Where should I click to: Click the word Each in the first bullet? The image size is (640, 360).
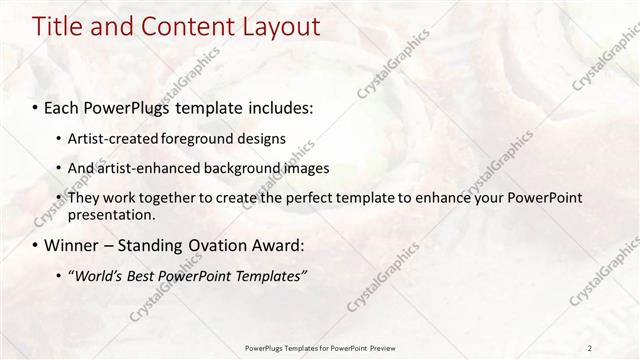[63, 105]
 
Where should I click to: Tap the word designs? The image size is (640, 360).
[261, 138]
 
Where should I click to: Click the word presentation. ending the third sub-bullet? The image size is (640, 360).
[112, 214]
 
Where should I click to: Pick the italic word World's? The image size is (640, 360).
[98, 276]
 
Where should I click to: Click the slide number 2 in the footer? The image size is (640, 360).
[590, 347]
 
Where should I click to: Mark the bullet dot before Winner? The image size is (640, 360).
[36, 245]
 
